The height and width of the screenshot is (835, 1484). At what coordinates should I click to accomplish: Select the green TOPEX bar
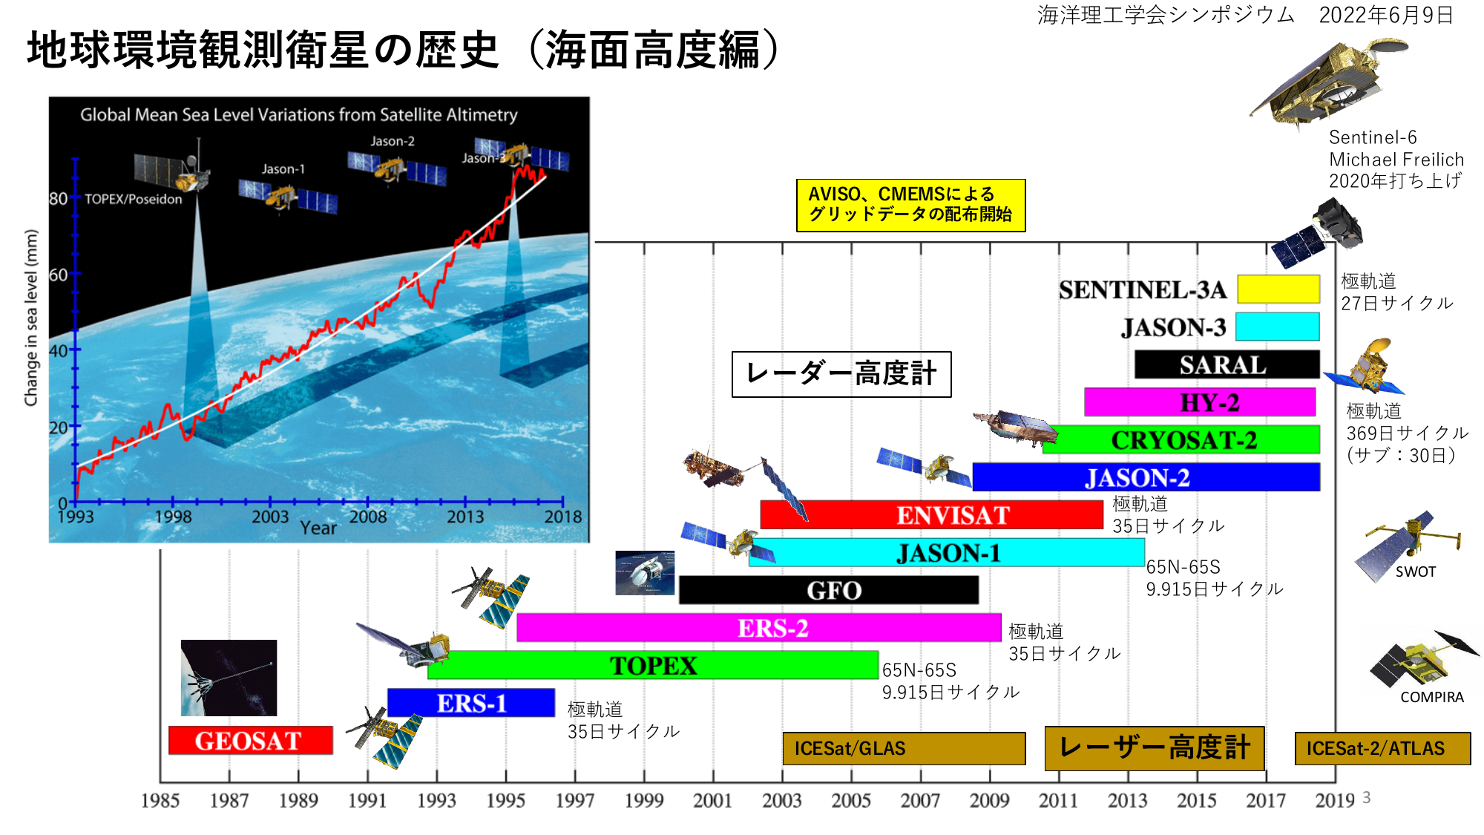(x=653, y=665)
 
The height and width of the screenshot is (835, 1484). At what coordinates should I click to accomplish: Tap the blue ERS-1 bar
(x=471, y=702)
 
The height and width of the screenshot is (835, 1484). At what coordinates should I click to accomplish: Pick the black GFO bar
(x=829, y=590)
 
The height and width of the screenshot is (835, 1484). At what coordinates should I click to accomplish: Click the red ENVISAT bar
(x=932, y=514)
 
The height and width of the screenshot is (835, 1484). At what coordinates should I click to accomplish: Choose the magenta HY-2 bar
(x=1200, y=402)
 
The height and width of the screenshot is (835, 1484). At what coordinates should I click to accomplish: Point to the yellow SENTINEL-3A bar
(x=1278, y=289)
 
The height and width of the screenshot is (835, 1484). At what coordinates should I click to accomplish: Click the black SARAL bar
(x=1227, y=364)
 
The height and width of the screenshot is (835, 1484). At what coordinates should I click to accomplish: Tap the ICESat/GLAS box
(x=904, y=748)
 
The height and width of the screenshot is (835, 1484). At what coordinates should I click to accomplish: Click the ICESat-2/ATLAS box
(x=1382, y=748)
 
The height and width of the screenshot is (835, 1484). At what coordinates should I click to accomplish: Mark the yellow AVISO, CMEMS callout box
(x=910, y=205)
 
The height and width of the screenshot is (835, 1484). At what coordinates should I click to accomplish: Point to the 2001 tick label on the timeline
(x=712, y=801)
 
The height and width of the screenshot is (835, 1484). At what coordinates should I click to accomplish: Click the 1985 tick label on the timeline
(x=160, y=801)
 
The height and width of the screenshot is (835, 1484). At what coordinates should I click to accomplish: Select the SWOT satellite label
(x=1415, y=572)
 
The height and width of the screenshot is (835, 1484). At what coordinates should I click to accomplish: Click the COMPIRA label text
(x=1431, y=697)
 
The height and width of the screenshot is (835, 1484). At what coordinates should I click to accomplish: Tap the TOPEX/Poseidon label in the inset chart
(x=133, y=199)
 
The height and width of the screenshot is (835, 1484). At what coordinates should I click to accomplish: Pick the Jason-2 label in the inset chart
(x=393, y=141)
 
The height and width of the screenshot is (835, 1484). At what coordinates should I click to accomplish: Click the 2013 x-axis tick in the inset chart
(x=465, y=517)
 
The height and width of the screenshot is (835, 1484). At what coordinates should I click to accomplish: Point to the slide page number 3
(x=1366, y=798)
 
